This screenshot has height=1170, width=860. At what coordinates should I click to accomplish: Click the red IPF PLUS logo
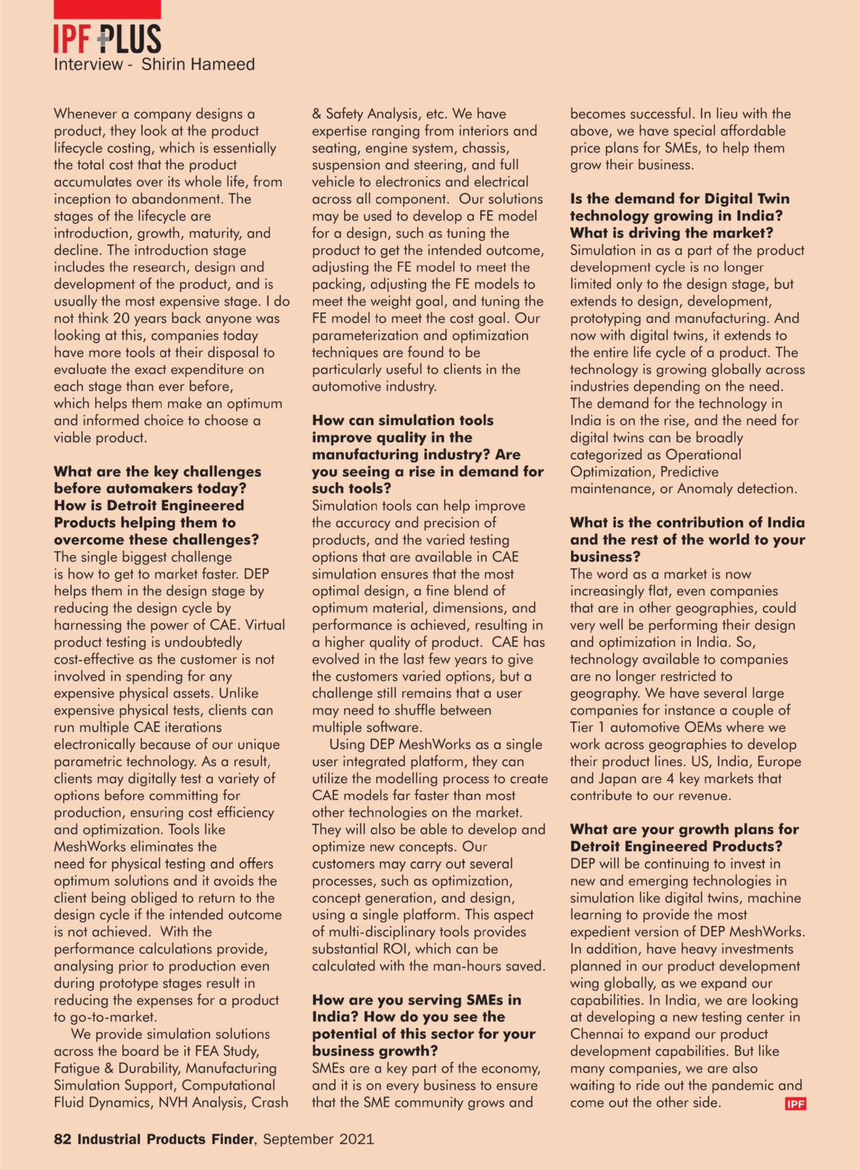pyautogui.click(x=107, y=39)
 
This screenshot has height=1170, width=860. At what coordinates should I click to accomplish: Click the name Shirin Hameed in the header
pyautogui.click(x=198, y=65)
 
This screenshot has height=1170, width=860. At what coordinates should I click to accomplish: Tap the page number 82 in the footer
pyautogui.click(x=62, y=1140)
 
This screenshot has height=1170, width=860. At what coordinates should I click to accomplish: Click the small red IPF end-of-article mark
pyautogui.click(x=795, y=1104)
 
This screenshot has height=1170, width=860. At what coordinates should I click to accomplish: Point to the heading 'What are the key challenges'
pyautogui.click(x=157, y=472)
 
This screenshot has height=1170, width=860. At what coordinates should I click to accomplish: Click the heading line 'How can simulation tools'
pyautogui.click(x=402, y=420)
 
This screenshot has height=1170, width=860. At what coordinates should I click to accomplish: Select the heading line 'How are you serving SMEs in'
pyautogui.click(x=416, y=1000)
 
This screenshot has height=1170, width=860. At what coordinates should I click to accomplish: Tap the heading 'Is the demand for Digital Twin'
pyautogui.click(x=679, y=199)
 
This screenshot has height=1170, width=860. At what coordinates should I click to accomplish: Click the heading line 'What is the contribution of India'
pyautogui.click(x=686, y=523)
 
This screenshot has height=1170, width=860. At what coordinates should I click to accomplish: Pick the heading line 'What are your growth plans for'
pyautogui.click(x=683, y=830)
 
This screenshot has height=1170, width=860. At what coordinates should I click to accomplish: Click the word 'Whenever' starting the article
pyautogui.click(x=86, y=114)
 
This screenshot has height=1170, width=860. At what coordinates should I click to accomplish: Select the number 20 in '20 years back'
pyautogui.click(x=120, y=318)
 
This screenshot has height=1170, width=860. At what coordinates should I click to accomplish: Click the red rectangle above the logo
pyautogui.click(x=107, y=9)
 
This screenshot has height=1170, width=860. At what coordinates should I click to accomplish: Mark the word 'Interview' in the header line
pyautogui.click(x=88, y=65)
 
